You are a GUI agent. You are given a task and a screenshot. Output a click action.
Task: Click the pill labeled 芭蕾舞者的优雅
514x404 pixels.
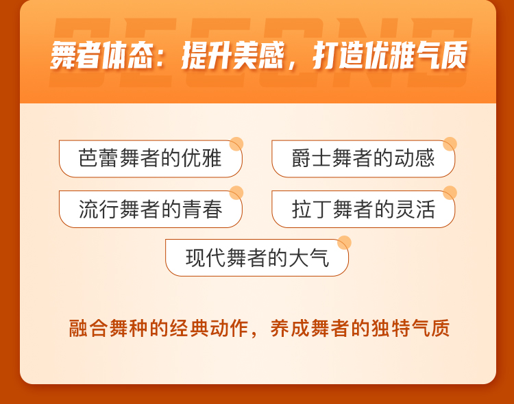(x=151, y=159)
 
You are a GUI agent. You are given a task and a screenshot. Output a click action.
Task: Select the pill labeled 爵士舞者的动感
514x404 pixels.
(x=363, y=159)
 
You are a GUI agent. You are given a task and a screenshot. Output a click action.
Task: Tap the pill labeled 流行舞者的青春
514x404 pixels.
(x=151, y=209)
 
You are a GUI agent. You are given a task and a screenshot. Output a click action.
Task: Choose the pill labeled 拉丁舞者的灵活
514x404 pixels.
(x=363, y=209)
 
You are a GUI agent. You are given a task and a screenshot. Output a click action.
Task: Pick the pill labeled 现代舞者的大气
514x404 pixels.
(x=257, y=258)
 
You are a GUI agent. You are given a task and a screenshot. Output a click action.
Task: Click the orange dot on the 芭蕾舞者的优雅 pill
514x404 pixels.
(x=236, y=144)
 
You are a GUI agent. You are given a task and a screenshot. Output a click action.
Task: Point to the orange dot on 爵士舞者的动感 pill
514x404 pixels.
(x=450, y=144)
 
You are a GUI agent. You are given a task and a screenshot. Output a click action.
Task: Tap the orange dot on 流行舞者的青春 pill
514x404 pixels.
(x=236, y=193)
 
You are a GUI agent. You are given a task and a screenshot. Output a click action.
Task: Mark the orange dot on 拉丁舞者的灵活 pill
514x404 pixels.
(x=450, y=193)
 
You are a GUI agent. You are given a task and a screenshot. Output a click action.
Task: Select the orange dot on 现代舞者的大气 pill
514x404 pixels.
(x=344, y=242)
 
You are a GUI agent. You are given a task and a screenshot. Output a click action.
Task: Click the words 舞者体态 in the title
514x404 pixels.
(x=102, y=55)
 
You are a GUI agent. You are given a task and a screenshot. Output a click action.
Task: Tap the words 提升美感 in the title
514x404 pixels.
(x=233, y=55)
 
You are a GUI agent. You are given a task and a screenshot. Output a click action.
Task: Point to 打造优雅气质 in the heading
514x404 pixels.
(x=390, y=55)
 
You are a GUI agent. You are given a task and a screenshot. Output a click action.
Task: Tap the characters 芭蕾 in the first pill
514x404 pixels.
(x=98, y=158)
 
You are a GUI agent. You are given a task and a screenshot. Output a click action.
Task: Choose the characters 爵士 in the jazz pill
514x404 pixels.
(x=311, y=158)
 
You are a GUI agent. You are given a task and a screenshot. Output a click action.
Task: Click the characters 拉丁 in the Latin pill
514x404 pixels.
(x=312, y=209)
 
